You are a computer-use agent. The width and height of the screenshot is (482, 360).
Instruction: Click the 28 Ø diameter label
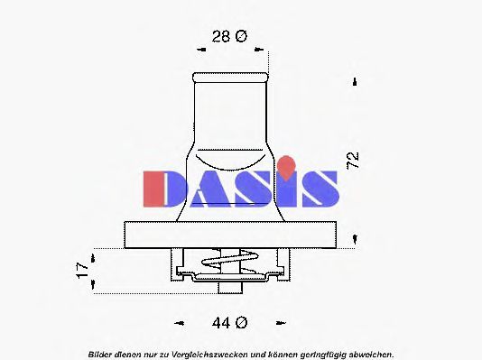click(x=229, y=37)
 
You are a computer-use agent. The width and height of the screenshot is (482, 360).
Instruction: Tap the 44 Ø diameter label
click(x=229, y=322)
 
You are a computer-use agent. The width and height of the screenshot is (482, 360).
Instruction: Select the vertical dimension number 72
click(x=353, y=161)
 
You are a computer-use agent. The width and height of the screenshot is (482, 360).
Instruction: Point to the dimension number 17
click(x=82, y=271)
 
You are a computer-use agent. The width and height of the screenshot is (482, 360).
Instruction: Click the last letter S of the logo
click(x=320, y=189)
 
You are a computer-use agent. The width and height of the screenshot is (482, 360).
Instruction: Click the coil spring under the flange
click(x=229, y=262)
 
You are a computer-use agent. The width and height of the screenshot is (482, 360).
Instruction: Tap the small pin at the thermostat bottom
click(x=230, y=287)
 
